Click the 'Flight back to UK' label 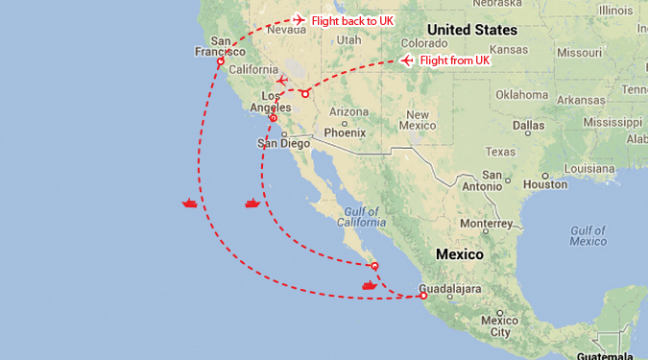click(352, 20)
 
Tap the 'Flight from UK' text click(455, 60)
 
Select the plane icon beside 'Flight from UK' click(407, 60)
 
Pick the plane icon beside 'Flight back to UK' click(299, 19)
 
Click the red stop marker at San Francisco click(221, 61)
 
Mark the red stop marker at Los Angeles click(274, 118)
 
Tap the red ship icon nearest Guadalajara click(370, 284)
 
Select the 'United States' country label click(472, 30)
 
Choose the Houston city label click(546, 184)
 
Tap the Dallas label click(528, 125)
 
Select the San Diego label click(284, 143)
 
